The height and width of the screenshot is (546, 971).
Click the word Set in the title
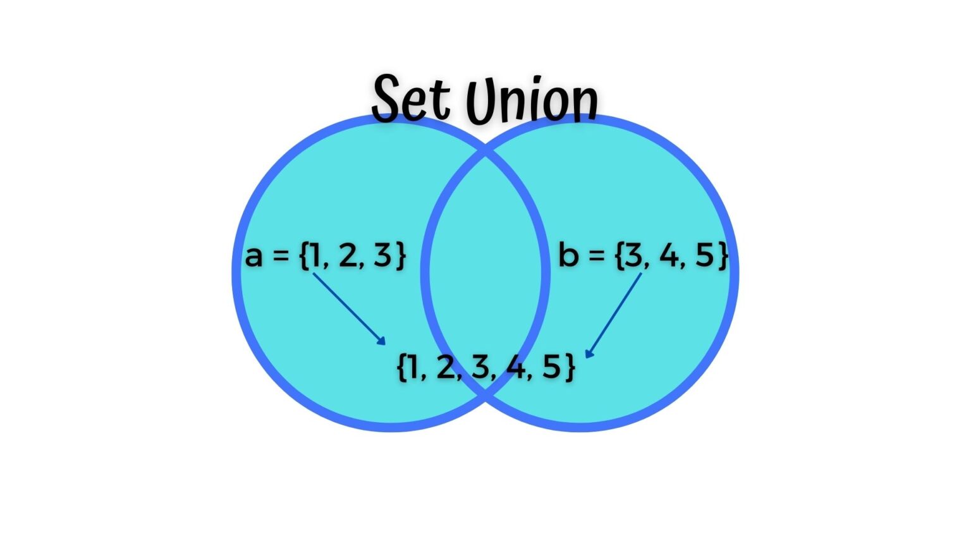(411, 99)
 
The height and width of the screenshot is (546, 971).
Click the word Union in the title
(531, 101)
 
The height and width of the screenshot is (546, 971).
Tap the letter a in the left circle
(253, 257)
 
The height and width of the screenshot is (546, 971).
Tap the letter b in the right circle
(568, 255)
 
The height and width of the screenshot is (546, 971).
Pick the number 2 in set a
(348, 255)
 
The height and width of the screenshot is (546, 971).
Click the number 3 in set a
(382, 255)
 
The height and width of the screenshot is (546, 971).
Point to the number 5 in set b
(704, 255)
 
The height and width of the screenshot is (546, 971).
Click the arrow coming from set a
(349, 309)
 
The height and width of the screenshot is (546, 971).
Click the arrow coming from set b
(614, 315)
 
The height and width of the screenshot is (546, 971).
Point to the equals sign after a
(281, 257)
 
